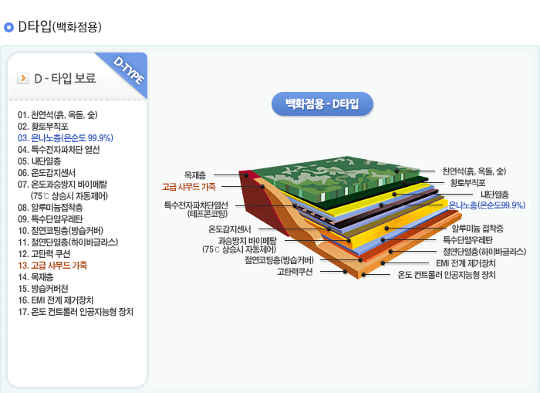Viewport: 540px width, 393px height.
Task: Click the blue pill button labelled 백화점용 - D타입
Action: click(x=322, y=103)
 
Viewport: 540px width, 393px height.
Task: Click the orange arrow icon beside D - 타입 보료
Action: click(x=23, y=78)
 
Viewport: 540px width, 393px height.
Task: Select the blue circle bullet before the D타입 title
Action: click(x=9, y=28)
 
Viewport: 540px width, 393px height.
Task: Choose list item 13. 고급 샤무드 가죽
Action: click(x=52, y=265)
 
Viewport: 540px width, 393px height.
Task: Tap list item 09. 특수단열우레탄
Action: click(x=56, y=219)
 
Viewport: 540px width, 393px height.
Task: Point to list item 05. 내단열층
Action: click(x=39, y=161)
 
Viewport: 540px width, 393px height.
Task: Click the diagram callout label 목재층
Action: click(x=194, y=174)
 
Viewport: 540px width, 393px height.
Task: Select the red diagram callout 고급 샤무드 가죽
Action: click(x=188, y=186)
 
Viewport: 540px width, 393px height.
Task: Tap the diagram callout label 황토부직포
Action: click(x=467, y=182)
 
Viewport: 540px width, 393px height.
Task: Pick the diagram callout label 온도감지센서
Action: click(x=230, y=229)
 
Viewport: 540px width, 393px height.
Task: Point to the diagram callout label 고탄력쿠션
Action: click(x=295, y=271)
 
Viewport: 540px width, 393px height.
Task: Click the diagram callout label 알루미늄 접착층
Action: click(x=477, y=229)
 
